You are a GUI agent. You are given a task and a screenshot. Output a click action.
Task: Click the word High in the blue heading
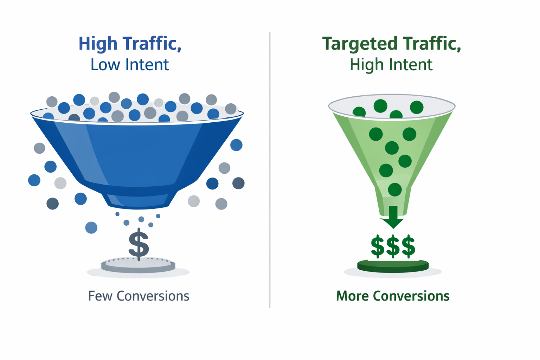pos(98,44)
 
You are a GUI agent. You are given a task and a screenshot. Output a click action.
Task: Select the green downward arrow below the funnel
pos(393,217)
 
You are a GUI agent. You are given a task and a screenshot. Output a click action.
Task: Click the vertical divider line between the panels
pos(270,169)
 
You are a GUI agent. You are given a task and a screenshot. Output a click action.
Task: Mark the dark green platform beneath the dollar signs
pos(393,266)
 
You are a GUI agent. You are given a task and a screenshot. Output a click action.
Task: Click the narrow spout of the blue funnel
pos(138,200)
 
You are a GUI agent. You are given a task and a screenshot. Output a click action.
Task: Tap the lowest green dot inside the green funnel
pos(395,189)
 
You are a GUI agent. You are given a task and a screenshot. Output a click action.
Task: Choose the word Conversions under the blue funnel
pos(153,296)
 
